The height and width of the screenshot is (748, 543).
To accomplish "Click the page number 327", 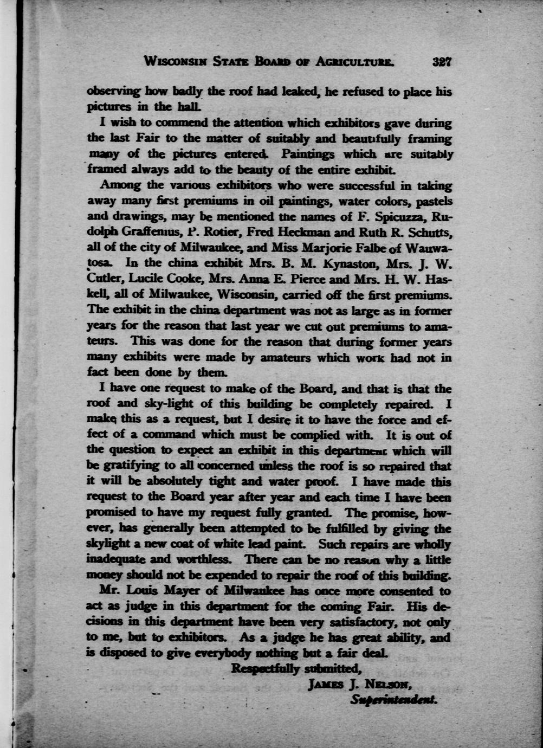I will click(442, 61).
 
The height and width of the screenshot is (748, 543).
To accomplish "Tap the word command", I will click(170, 435).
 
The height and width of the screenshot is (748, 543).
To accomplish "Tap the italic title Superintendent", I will click(393, 700).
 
